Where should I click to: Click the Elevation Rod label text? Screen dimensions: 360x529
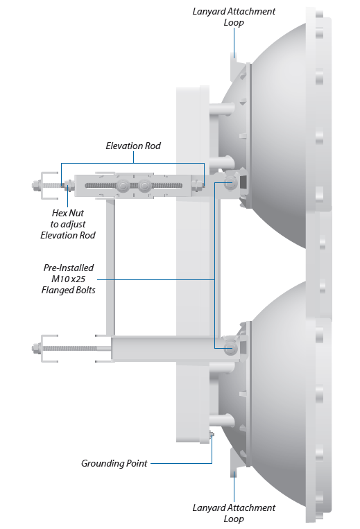pyautogui.click(x=133, y=146)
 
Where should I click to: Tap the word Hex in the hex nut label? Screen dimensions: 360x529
pyautogui.click(x=58, y=213)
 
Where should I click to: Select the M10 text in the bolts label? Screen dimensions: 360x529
pyautogui.click(x=59, y=279)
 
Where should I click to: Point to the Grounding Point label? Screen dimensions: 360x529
pyautogui.click(x=114, y=464)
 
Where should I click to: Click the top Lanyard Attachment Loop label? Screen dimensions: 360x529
pyautogui.click(x=234, y=17)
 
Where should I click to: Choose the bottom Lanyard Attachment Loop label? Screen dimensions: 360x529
pyautogui.click(x=234, y=513)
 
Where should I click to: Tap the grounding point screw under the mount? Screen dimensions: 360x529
pyautogui.click(x=212, y=435)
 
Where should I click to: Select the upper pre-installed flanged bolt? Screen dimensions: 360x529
pyautogui.click(x=230, y=182)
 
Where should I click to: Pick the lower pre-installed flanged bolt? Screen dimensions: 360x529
pyautogui.click(x=230, y=348)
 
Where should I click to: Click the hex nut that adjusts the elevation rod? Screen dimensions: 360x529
pyautogui.click(x=68, y=185)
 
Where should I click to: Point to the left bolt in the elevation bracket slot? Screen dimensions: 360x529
pyautogui.click(x=123, y=185)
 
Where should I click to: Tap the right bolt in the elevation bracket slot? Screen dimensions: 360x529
pyautogui.click(x=145, y=185)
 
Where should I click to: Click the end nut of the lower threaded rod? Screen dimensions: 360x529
pyautogui.click(x=36, y=348)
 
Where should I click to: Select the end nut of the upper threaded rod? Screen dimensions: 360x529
pyautogui.click(x=36, y=185)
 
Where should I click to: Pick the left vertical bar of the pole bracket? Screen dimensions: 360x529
pyautogui.click(x=110, y=266)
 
